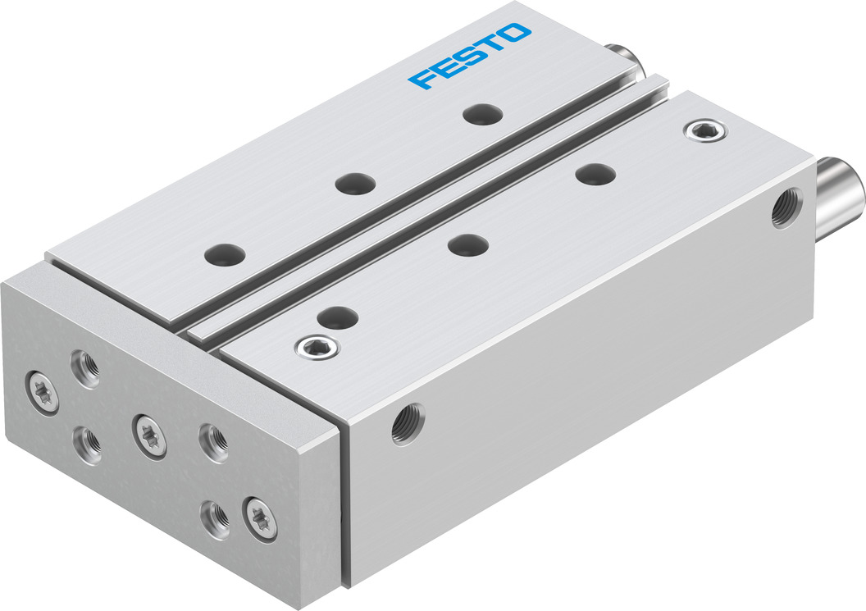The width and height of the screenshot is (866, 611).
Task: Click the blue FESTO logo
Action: pyautogui.click(x=471, y=55)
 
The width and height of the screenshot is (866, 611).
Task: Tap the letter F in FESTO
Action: pyautogui.click(x=425, y=80)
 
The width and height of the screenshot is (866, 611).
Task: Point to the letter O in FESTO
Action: pyautogui.click(x=516, y=32)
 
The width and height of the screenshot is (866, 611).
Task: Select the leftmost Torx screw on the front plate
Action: pyautogui.click(x=39, y=383)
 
